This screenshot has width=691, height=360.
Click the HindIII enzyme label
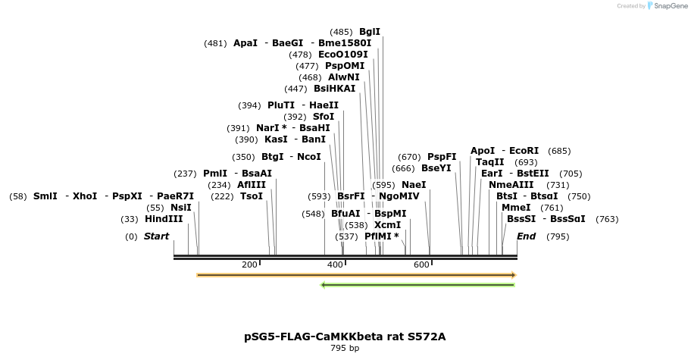point(164,219)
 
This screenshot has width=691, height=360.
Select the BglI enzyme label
point(370,32)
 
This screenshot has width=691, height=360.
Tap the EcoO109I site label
point(343,55)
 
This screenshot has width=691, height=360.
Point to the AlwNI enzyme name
point(344,77)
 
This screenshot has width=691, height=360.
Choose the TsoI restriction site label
point(252,196)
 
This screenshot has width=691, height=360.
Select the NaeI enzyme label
point(414,185)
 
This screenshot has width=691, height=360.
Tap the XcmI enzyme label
point(387,225)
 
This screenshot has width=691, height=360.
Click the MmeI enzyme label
point(516,208)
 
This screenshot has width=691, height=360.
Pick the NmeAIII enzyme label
point(511,185)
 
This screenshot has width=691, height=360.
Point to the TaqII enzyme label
point(490,162)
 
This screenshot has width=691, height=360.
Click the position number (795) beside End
point(558,236)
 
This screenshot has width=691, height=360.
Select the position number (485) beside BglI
point(341,32)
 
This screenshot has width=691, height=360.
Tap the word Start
point(156,236)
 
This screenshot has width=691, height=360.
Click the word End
point(526,236)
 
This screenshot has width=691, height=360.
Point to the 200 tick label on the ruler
point(249,265)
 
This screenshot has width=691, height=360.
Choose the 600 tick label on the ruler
point(421,265)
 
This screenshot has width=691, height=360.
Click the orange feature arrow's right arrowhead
point(513,275)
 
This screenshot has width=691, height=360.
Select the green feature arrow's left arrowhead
point(324,285)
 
